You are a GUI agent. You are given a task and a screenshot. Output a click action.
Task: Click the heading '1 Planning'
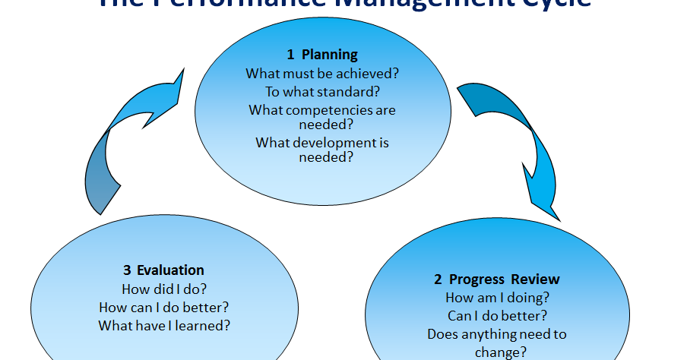322,55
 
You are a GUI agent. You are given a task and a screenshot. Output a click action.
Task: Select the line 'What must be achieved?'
322,74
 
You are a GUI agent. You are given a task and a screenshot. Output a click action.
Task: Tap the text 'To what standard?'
322,91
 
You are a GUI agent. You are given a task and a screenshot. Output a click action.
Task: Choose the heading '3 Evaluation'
163,270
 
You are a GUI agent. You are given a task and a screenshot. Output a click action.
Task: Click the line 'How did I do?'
163,289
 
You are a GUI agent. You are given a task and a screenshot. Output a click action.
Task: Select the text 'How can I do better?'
163,307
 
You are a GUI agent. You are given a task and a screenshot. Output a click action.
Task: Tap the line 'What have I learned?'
163,325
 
